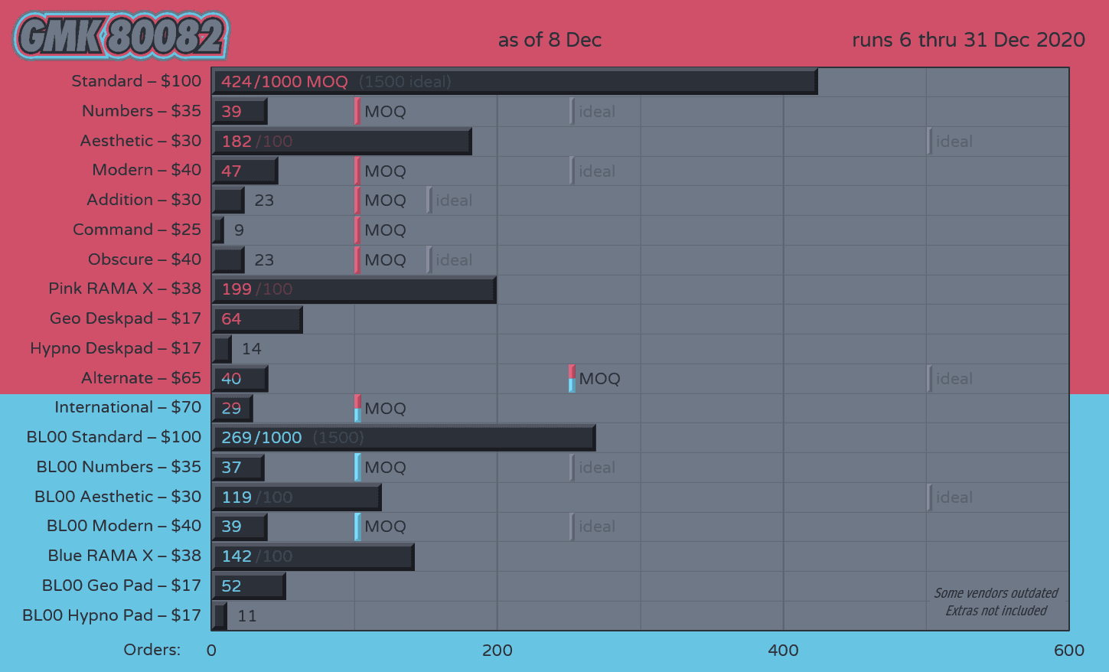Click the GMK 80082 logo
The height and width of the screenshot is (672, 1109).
point(121,36)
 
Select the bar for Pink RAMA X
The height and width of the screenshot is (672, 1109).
point(354,289)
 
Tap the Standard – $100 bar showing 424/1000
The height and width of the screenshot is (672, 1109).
point(514,82)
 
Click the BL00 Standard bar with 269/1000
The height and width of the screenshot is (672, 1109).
point(403,438)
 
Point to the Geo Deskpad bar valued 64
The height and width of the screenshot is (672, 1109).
point(257,319)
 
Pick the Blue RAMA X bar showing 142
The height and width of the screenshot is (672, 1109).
point(313,556)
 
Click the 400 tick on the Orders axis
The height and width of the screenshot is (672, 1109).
point(783,651)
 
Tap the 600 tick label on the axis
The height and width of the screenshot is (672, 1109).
point(1068,651)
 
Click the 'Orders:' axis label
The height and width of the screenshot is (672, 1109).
point(152,650)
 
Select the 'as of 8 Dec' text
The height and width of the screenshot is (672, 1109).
point(550,40)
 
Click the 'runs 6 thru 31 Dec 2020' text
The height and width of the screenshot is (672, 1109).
point(968,40)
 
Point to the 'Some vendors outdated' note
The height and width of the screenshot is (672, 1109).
point(996,593)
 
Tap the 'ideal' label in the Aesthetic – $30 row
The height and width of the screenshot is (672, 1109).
point(954,142)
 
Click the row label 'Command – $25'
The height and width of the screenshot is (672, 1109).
point(137,230)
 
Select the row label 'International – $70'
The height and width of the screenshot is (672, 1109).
point(128,407)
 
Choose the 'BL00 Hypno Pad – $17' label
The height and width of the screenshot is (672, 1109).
point(112,615)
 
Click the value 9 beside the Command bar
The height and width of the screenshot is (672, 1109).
point(239,230)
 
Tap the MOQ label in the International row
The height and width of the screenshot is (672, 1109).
point(385,409)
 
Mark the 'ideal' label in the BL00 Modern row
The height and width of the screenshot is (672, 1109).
point(596,527)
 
